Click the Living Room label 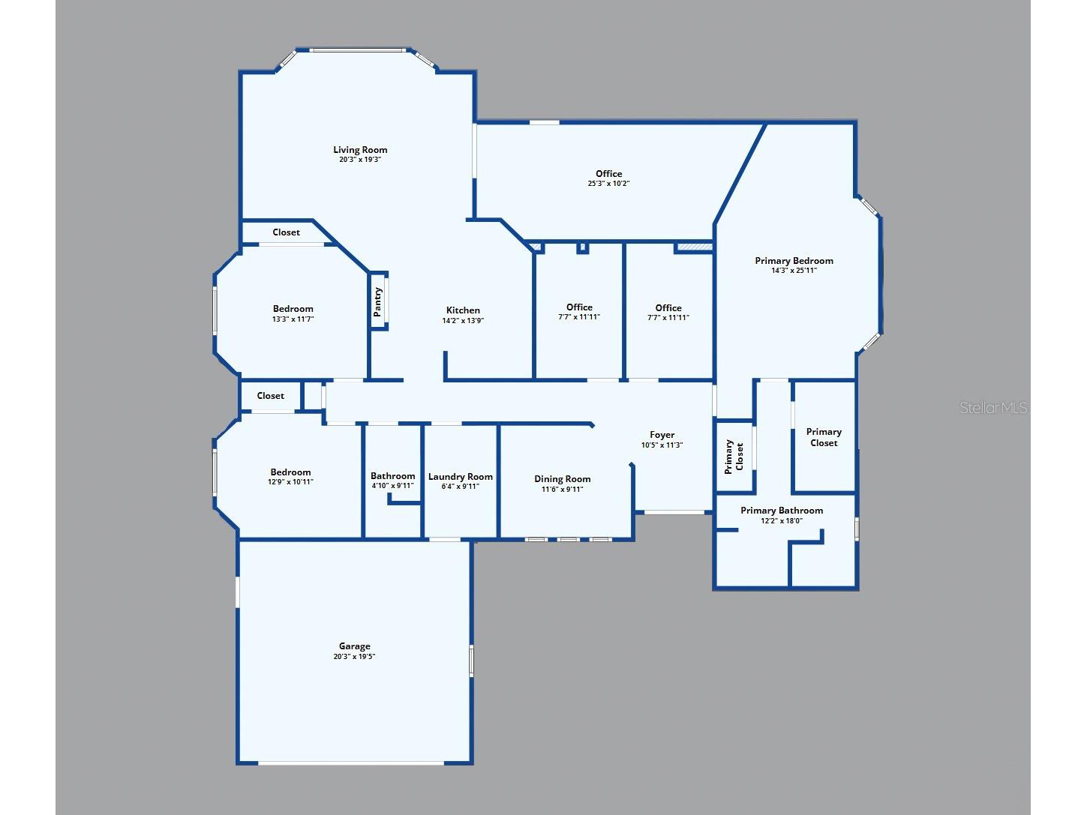360,149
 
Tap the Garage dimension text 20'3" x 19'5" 354,656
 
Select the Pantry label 377,302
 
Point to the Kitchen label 463,310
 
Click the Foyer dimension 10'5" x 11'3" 662,445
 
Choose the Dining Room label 562,479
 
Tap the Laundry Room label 460,477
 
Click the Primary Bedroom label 794,261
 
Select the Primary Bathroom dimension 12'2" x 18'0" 782,520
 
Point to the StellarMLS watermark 993,408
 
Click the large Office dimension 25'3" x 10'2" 608,183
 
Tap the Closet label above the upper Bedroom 287,232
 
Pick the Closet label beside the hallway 270,396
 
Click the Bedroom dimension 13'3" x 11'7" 293,319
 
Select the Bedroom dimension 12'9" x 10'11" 290,481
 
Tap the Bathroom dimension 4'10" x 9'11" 392,485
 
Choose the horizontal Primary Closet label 824,437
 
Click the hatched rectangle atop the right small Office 695,247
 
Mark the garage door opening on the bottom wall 350,763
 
